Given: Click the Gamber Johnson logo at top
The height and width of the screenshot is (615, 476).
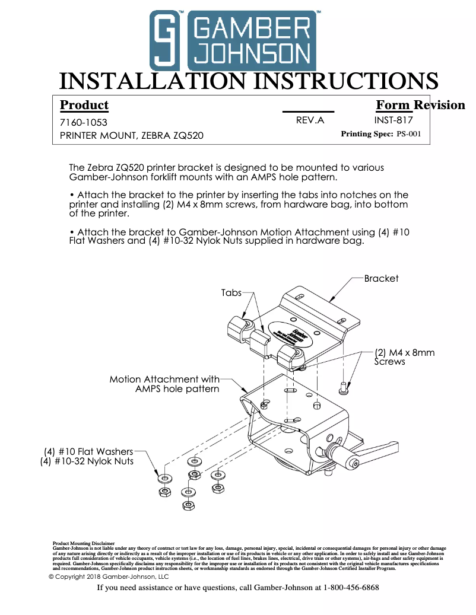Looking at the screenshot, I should tap(233, 40).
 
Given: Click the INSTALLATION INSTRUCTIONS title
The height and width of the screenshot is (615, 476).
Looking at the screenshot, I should tap(249, 81).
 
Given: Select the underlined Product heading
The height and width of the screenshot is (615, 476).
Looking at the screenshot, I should tap(84, 106).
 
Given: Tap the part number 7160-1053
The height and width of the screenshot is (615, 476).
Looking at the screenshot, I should tap(84, 123).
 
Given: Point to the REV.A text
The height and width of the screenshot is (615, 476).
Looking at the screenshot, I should tap(310, 120).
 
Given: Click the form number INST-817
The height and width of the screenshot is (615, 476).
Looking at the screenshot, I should tap(393, 120).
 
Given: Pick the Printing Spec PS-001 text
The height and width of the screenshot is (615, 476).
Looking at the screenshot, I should tap(380, 134).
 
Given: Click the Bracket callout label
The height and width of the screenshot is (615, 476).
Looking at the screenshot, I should tap(381, 278).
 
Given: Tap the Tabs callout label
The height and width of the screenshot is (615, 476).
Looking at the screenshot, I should tap(231, 292).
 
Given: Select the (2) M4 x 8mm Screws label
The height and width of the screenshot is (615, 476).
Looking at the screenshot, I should tap(405, 356).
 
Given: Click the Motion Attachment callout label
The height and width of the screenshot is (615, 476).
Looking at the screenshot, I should tap(164, 384).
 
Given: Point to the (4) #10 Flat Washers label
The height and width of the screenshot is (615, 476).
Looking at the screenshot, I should tap(88, 452).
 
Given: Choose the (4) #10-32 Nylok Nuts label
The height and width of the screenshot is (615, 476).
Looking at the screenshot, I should tap(87, 461).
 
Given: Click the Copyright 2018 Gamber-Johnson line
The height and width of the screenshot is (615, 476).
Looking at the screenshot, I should tap(109, 576).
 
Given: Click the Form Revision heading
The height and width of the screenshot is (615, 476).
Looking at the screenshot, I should tap(420, 106).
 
